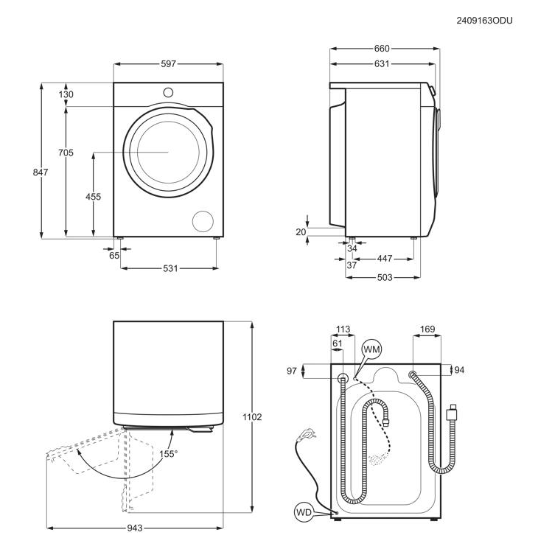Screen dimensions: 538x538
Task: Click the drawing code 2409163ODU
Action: click(484, 21)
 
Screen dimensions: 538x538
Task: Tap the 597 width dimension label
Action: click(169, 64)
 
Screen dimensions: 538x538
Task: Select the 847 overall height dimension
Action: click(41, 172)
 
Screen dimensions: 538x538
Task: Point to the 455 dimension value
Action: click(94, 197)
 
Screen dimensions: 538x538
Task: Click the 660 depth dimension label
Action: click(382, 49)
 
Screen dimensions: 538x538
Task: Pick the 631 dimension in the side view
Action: click(382, 64)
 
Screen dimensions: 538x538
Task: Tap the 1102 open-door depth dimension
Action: click(252, 417)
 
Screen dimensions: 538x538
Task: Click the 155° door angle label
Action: click(169, 454)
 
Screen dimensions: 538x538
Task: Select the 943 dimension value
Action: click(134, 528)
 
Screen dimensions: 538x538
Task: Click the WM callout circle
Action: click(371, 349)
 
